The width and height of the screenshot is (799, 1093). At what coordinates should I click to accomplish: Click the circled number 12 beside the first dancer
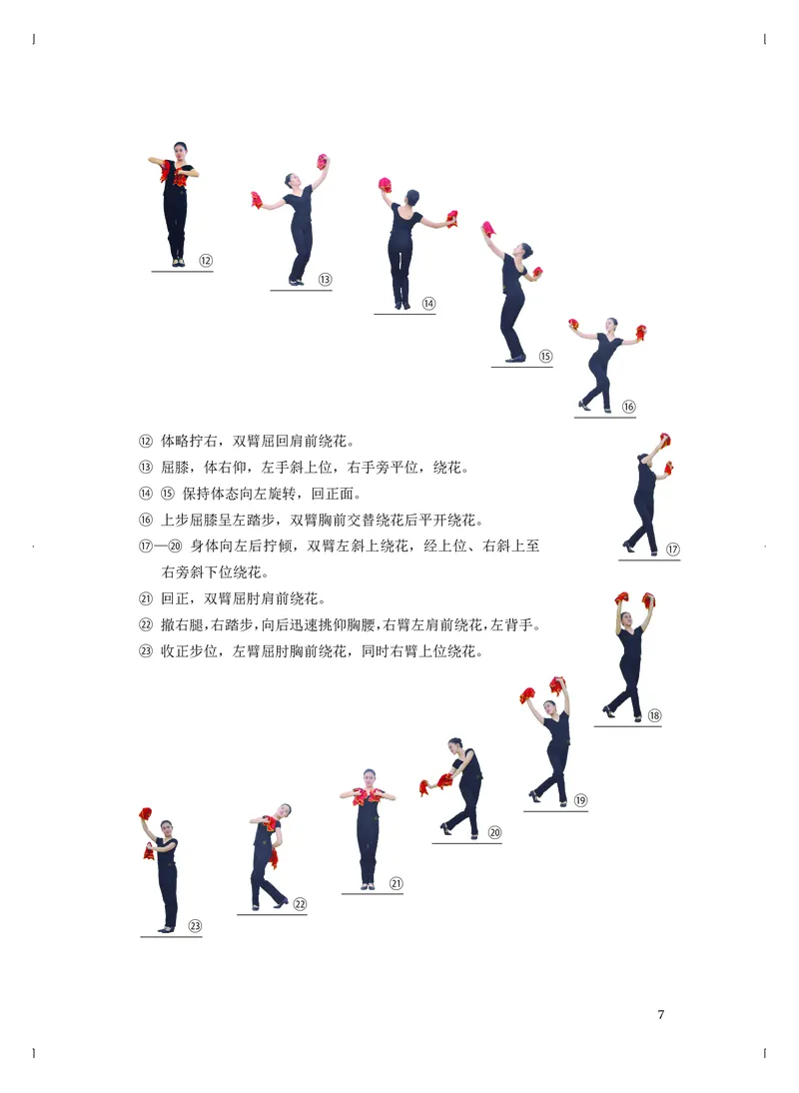coord(206,261)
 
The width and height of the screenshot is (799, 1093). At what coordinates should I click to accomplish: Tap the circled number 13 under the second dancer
coord(325,280)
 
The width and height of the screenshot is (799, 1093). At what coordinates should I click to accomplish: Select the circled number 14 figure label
coord(427,304)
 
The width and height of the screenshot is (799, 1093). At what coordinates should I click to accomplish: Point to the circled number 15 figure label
coord(545,356)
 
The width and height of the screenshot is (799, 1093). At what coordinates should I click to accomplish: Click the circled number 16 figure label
coord(628,407)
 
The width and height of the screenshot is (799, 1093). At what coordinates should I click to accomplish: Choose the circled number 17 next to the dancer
coord(672,548)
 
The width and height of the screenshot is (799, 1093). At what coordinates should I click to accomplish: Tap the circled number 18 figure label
coord(654,715)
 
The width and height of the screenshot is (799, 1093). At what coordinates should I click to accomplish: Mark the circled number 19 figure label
coord(580,799)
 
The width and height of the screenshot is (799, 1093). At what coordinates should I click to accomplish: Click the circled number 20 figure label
coord(494,832)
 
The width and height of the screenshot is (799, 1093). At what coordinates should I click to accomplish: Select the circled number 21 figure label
coord(396,883)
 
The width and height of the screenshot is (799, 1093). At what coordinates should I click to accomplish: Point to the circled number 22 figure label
coord(300,904)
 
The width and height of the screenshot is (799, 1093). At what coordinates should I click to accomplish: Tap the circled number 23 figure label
coord(195,925)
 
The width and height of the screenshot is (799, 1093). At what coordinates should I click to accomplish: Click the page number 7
coord(660,1015)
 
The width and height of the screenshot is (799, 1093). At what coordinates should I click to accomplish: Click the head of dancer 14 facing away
coord(411,198)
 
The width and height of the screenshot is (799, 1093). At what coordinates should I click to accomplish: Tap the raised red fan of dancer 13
coord(323,161)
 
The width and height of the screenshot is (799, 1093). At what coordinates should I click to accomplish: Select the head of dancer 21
coord(369,776)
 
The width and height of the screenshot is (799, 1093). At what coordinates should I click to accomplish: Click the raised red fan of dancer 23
coord(146,814)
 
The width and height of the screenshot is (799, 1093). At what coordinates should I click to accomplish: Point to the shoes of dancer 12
coord(178,263)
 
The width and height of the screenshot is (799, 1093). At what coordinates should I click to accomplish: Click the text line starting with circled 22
coord(340,625)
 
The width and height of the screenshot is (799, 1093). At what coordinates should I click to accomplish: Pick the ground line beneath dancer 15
coord(521,367)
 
